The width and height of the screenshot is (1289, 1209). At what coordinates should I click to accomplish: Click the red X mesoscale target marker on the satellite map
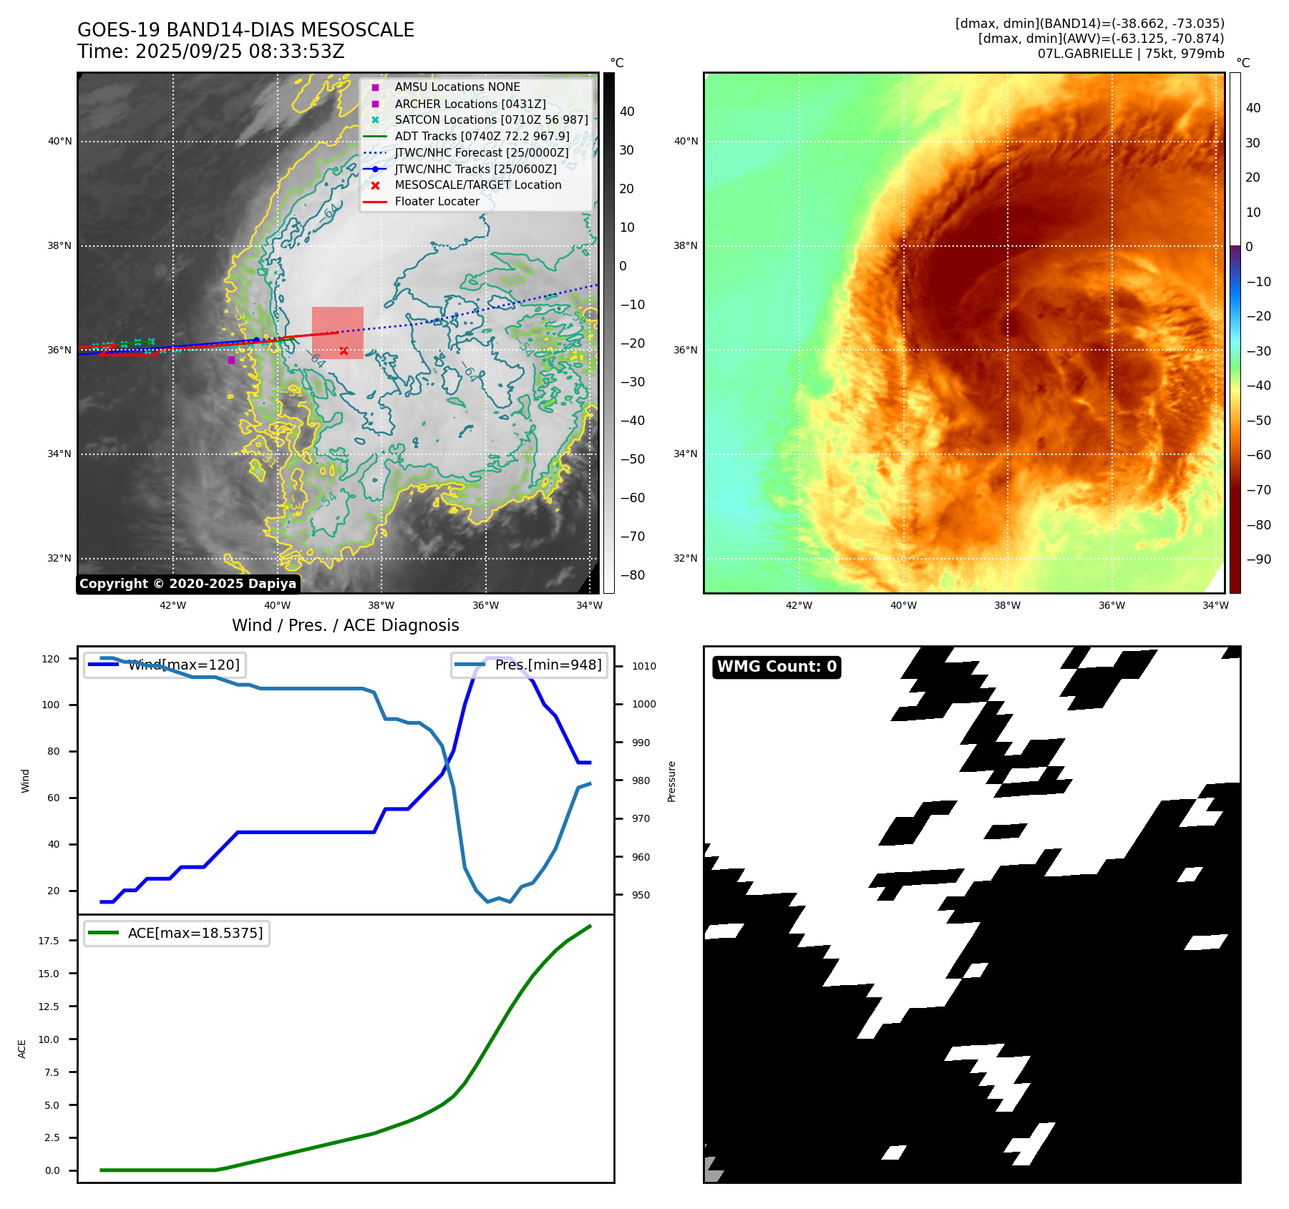tap(344, 351)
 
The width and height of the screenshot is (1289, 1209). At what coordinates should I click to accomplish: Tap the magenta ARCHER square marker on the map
tap(231, 360)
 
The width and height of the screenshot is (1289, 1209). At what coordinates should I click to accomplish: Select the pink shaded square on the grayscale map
tap(337, 333)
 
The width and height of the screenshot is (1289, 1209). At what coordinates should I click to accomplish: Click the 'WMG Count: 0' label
tap(777, 667)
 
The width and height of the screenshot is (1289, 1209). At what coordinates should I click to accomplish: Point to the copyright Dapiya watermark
tap(188, 584)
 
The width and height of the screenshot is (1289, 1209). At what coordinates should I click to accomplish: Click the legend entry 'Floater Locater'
tap(437, 202)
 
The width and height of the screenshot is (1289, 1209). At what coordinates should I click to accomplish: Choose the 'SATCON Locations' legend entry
tap(491, 120)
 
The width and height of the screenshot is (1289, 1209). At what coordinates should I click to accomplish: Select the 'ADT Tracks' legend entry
tap(482, 137)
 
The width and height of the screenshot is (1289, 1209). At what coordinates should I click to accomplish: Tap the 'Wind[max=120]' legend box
tap(164, 665)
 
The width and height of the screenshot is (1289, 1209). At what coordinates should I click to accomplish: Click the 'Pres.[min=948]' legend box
tap(530, 665)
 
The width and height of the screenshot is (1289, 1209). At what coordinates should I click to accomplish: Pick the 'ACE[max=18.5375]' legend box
tap(177, 933)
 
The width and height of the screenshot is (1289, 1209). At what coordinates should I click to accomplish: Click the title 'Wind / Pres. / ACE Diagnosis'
tap(346, 625)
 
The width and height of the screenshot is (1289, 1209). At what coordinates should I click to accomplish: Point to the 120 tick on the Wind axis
tap(51, 659)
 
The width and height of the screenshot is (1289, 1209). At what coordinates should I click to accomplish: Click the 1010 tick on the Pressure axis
tap(643, 666)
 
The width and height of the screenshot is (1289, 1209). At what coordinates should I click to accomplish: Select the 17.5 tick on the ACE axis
tap(49, 941)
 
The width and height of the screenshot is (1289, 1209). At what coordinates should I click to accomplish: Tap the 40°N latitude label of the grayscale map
tap(59, 142)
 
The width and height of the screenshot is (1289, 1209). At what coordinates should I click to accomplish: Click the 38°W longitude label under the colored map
tap(1007, 605)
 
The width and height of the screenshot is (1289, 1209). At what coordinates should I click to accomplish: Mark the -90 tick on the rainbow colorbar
tap(1258, 559)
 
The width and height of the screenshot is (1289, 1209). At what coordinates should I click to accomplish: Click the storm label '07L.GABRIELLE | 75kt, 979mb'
tap(1131, 54)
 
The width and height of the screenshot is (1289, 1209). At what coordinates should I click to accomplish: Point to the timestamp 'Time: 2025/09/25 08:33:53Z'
tap(211, 52)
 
